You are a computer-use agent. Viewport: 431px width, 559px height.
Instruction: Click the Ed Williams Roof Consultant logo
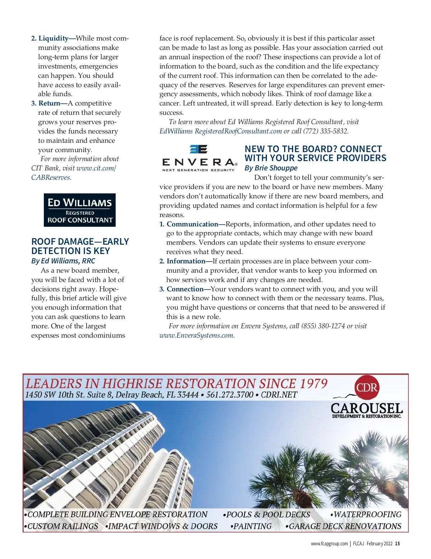(x=80, y=210)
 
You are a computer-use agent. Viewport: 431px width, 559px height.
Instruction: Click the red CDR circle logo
(x=367, y=387)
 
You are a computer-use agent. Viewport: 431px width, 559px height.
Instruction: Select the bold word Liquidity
(x=54, y=38)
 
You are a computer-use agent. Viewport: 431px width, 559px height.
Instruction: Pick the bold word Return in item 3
(x=49, y=103)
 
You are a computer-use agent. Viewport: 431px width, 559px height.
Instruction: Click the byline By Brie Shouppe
(x=271, y=168)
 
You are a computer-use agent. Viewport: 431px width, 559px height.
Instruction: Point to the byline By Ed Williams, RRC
(x=63, y=261)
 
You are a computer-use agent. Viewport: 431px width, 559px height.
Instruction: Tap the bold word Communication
(x=192, y=224)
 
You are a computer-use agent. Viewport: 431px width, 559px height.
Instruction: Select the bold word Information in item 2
(x=186, y=261)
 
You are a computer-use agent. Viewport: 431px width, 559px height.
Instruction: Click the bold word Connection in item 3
(x=185, y=289)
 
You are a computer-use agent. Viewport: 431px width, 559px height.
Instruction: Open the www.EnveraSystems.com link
(x=196, y=335)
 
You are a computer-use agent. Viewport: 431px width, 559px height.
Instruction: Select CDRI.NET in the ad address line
(x=279, y=395)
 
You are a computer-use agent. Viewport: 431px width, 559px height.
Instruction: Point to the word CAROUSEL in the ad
(x=366, y=408)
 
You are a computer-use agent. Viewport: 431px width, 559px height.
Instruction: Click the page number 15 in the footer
(x=397, y=544)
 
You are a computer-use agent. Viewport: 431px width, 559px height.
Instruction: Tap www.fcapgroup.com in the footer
(x=329, y=544)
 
